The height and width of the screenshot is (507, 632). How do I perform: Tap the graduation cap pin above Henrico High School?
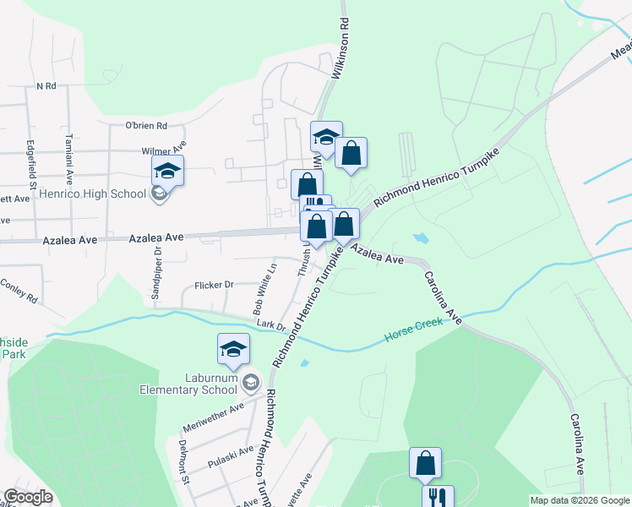(167, 172)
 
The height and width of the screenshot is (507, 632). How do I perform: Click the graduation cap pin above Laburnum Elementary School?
(233, 350)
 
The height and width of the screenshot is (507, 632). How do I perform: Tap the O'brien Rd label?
(146, 126)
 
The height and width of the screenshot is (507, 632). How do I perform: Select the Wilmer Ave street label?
(162, 152)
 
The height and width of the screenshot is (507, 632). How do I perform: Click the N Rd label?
(46, 86)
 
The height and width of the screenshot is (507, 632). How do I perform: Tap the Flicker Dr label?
(214, 285)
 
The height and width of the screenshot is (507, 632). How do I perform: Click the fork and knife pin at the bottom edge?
(439, 497)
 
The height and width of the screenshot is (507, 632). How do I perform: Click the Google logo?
(29, 497)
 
